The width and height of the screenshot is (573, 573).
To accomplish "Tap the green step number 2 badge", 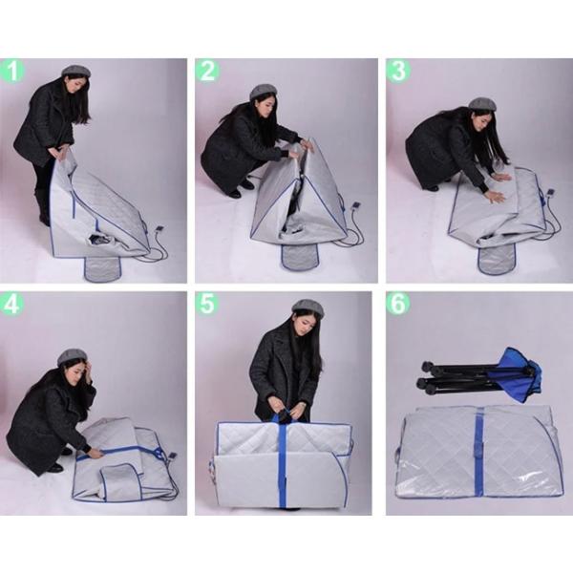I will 207,71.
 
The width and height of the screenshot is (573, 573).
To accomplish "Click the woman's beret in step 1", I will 74,72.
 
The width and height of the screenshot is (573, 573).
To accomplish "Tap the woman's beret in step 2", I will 263,92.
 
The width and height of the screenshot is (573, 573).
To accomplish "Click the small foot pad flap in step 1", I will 102,266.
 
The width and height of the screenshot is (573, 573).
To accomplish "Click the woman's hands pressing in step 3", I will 498,187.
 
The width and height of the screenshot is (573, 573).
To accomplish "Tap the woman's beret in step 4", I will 72,357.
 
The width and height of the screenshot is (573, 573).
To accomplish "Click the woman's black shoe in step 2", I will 234,193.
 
